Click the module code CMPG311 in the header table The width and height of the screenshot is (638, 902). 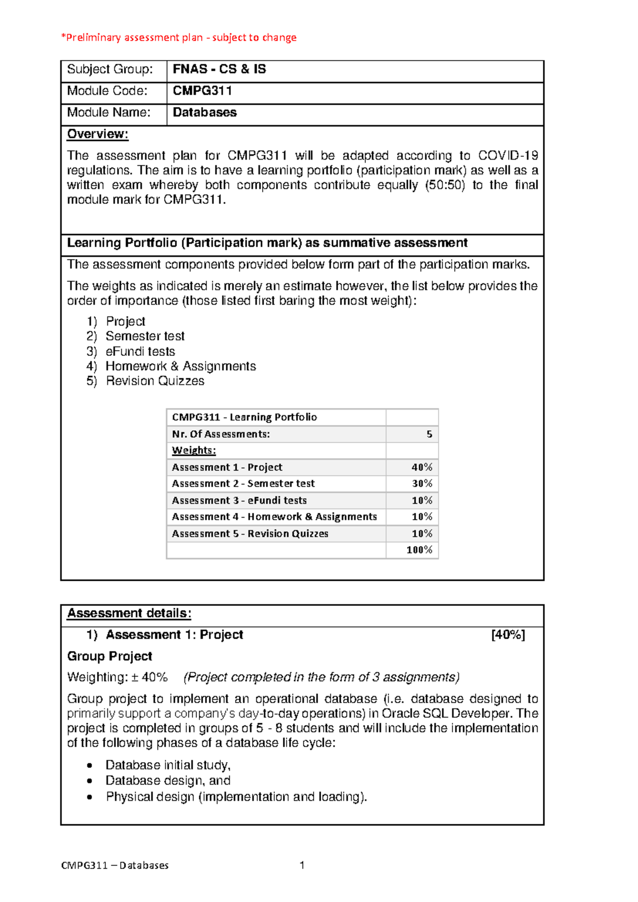202,91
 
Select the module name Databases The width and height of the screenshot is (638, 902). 205,113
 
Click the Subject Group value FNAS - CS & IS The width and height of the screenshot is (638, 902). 219,69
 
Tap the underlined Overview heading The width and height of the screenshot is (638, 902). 98,134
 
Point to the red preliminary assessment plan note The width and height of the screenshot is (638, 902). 179,38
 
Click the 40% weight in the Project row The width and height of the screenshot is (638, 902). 422,467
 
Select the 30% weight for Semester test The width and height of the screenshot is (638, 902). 422,484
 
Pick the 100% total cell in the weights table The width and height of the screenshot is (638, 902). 419,550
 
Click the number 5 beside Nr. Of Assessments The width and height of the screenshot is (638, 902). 429,435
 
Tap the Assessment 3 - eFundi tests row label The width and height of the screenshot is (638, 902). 239,500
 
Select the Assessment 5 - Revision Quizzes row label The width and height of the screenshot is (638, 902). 250,533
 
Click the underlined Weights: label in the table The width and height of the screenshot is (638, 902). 194,450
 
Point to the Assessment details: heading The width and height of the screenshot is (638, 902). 129,613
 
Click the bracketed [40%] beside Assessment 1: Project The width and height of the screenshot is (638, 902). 508,635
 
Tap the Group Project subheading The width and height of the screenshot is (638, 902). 110,656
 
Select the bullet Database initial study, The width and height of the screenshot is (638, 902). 167,765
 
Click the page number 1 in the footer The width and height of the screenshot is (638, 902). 302,865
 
